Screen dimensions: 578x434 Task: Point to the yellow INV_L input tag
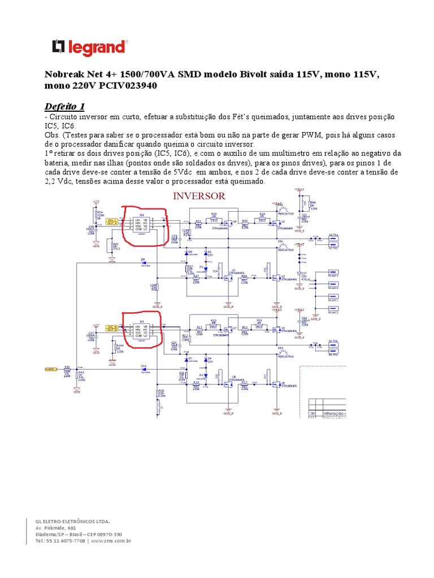112,220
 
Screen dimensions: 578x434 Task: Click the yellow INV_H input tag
112,326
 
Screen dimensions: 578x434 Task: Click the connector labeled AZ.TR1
333,235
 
